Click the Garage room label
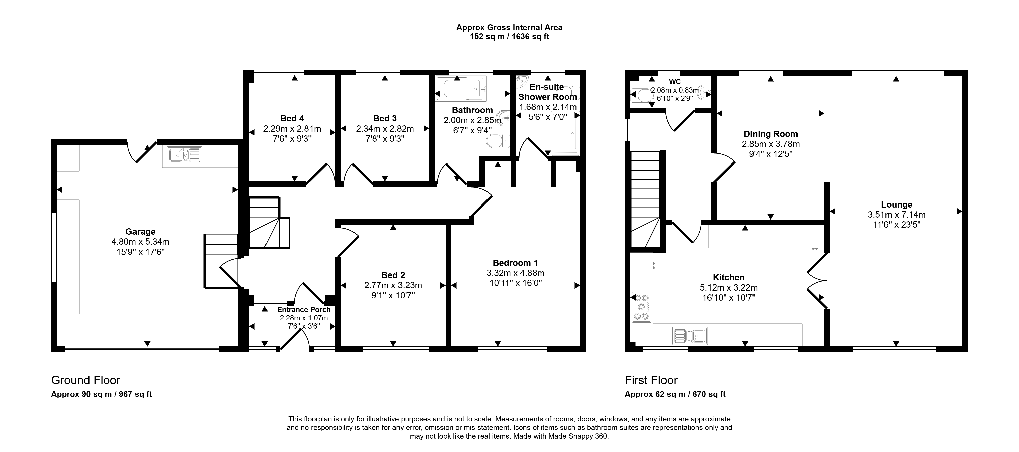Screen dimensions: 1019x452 (x=141, y=232)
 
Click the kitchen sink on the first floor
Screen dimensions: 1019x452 (x=690, y=336)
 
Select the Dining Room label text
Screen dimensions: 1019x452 (x=771, y=134)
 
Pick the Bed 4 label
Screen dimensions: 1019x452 (x=292, y=118)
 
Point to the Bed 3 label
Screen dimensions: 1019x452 (x=385, y=118)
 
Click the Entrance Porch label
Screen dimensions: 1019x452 (x=304, y=310)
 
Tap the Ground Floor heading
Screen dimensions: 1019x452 (x=85, y=380)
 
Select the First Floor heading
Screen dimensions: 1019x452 (x=651, y=380)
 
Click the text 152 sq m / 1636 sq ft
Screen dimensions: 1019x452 (x=509, y=37)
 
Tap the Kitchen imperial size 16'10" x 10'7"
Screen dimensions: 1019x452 (x=729, y=298)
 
